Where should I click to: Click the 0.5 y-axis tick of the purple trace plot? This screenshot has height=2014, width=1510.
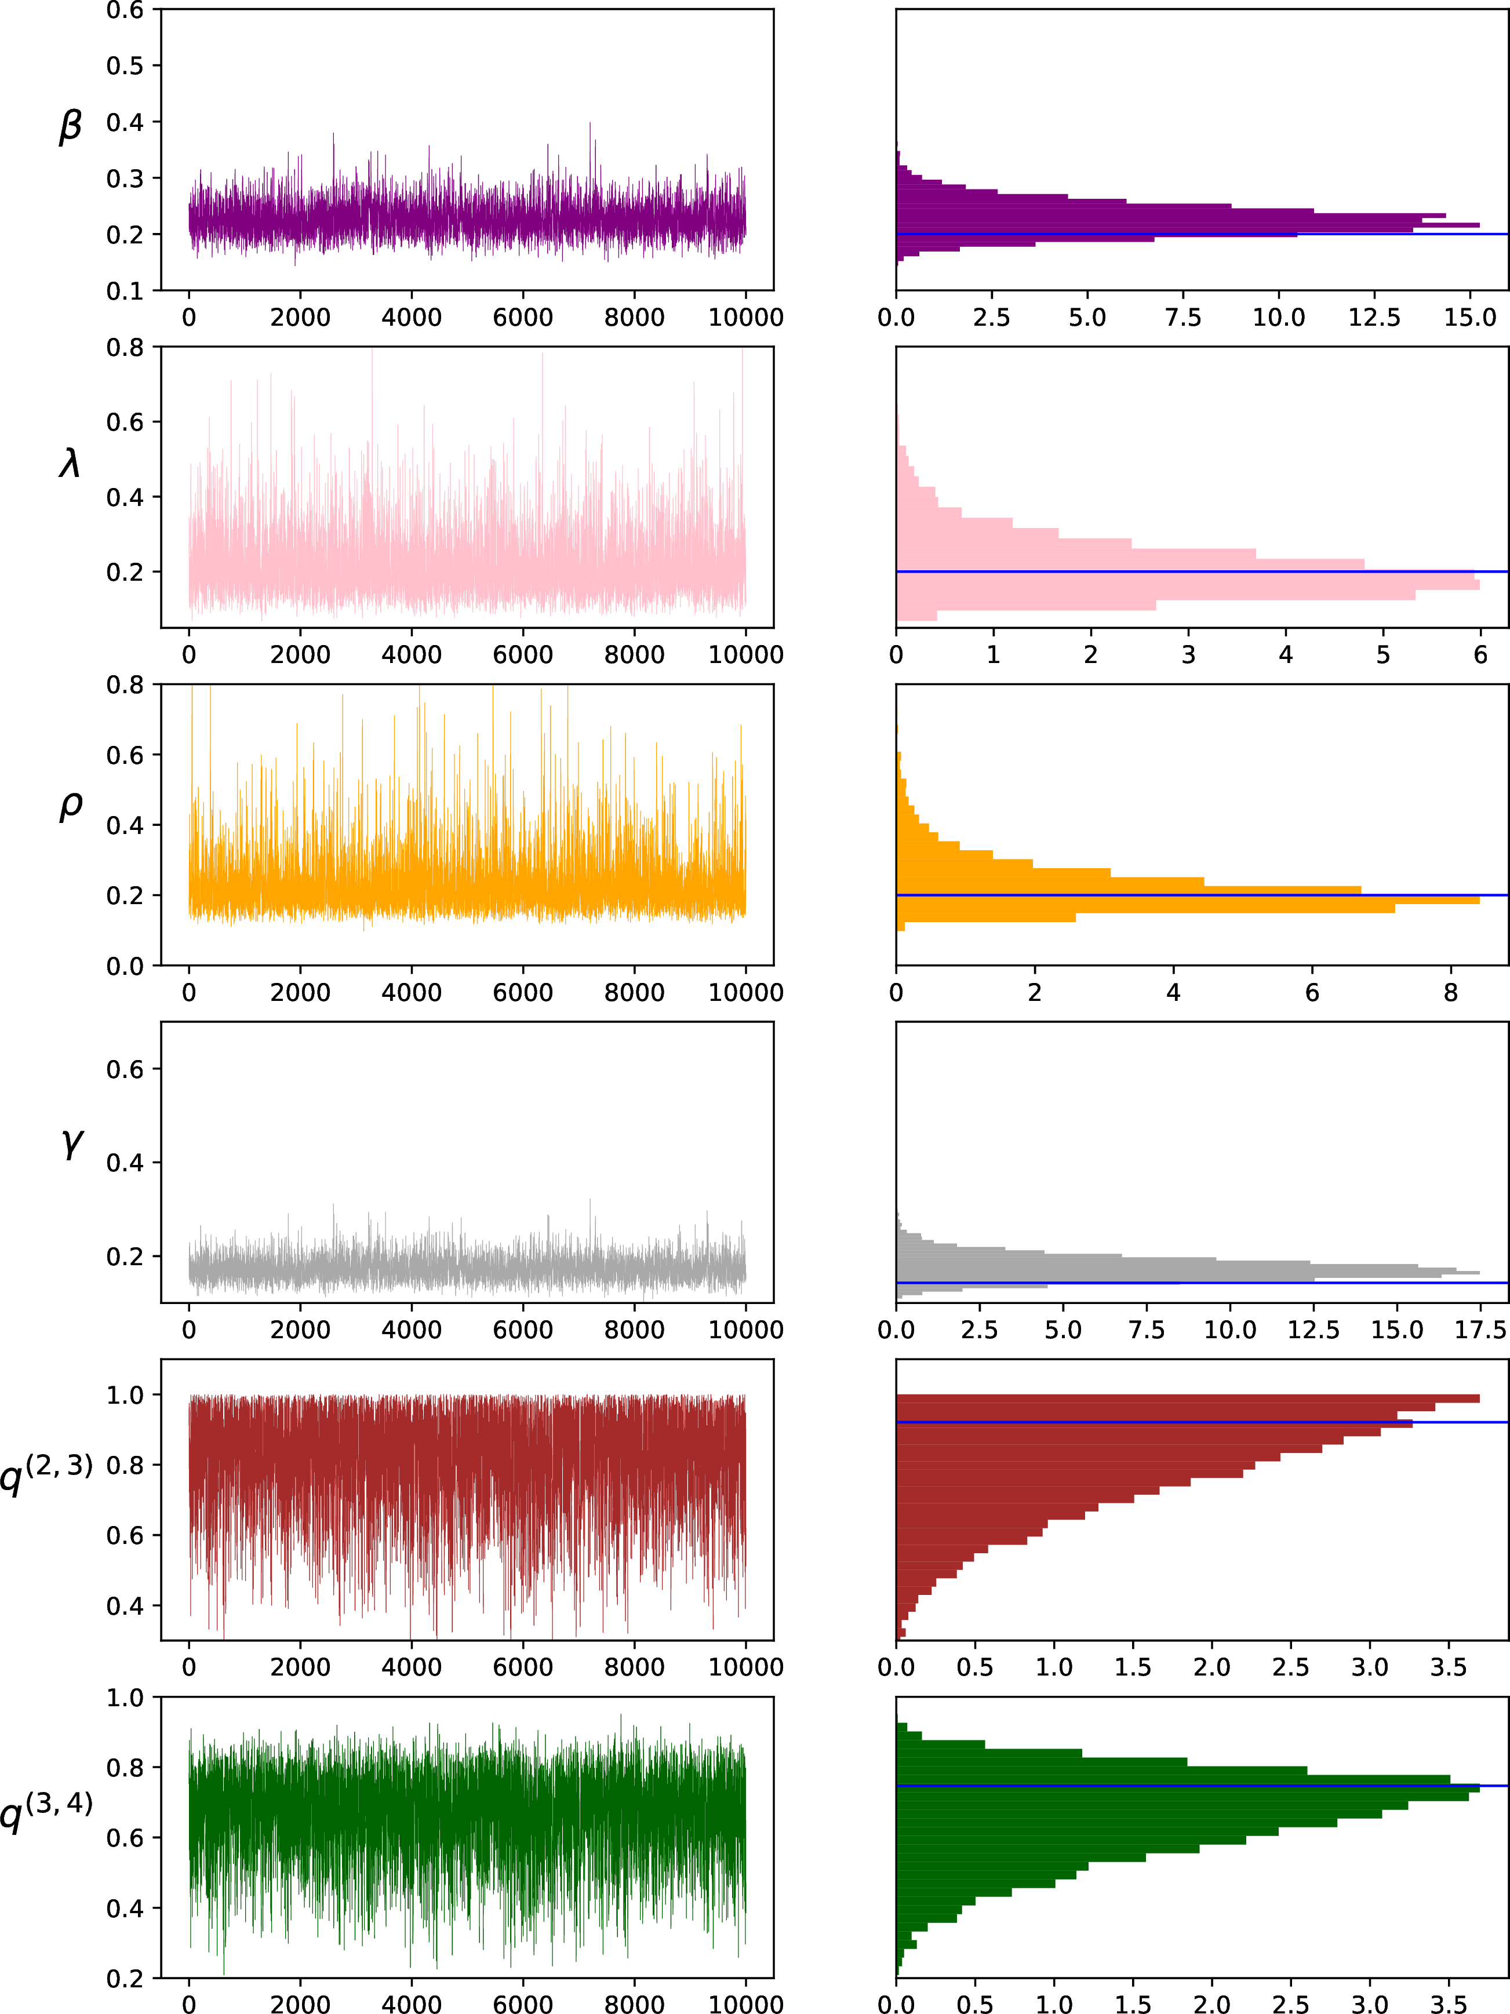[x=125, y=65]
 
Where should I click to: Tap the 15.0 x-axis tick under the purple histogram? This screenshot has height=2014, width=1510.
[x=1470, y=318]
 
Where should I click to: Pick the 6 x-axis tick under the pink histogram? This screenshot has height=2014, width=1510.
[x=1480, y=655]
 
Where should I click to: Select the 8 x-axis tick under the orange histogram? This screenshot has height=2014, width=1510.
[x=1451, y=992]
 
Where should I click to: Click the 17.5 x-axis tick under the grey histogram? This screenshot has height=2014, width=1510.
[x=1481, y=1330]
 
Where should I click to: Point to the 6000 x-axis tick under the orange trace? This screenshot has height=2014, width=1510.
[x=523, y=992]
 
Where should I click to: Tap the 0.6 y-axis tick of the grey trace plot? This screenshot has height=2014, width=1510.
[x=125, y=1069]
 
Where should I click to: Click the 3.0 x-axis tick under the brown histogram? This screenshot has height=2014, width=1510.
[x=1370, y=1668]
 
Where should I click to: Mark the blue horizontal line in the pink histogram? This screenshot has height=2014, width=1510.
[x=1202, y=572]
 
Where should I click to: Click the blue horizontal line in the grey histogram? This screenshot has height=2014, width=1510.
[x=1202, y=1283]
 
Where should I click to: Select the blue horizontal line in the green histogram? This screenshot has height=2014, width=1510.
[x=1202, y=1786]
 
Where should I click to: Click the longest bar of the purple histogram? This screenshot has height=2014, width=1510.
[x=1188, y=225]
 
